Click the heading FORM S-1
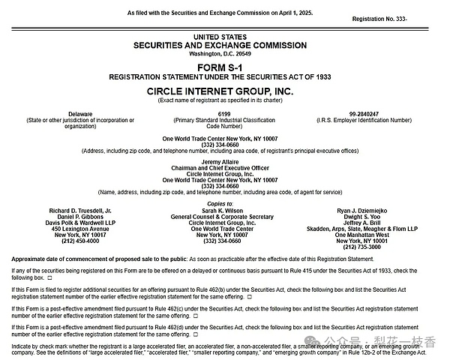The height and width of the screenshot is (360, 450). [x=224, y=68]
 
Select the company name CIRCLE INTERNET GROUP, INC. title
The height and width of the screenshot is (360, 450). [x=223, y=90]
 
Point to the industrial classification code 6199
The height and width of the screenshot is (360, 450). [x=223, y=113]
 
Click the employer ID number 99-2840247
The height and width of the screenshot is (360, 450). [x=364, y=113]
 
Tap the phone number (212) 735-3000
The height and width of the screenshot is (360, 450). [x=364, y=247]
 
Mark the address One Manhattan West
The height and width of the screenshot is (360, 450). [x=364, y=234]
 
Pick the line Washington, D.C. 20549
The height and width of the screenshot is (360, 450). [x=223, y=53]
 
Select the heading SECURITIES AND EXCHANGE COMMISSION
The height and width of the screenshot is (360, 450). [x=223, y=45]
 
